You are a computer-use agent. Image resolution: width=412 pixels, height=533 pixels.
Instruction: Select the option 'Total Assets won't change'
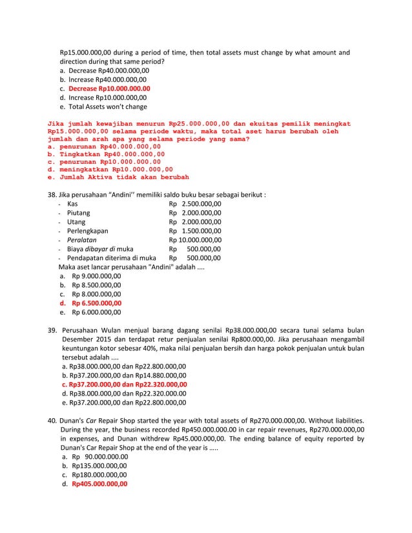tap(107, 106)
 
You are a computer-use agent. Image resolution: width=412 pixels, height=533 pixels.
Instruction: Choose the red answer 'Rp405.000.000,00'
tap(99, 483)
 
